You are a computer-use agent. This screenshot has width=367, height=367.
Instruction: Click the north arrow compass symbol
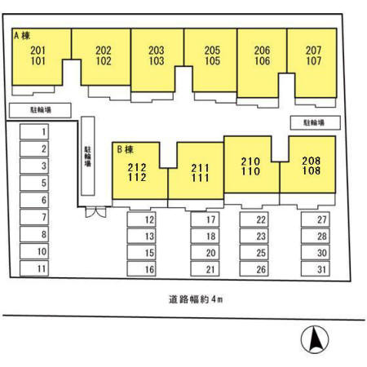315,339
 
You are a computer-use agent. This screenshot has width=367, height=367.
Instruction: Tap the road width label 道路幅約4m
196,299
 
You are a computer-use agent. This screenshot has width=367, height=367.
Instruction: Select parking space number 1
34,132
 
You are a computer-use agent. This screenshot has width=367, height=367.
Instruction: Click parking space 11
34,268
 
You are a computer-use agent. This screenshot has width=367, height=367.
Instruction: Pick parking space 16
141,269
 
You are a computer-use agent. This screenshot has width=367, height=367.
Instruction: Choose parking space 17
205,219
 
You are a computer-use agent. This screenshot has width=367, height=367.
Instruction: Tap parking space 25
254,253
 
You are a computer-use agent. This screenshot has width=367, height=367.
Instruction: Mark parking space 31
316,269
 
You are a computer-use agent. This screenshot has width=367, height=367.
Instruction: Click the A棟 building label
22,36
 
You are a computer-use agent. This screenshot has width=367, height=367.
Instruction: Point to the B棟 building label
125,149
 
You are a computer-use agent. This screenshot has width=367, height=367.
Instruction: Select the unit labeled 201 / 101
38,55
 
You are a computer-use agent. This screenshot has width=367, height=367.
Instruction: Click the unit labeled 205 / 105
212,55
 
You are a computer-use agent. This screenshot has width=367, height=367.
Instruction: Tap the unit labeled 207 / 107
313,55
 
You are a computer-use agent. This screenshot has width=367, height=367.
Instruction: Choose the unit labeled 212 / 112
137,172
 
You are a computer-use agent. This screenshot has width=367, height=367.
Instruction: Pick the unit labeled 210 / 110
250,166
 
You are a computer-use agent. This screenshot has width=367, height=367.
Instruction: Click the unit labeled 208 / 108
311,166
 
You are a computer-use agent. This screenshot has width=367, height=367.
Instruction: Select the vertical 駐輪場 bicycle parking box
88,156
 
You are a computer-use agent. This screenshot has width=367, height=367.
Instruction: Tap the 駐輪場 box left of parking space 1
40,110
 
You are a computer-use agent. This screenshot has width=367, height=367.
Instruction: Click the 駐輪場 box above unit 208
316,122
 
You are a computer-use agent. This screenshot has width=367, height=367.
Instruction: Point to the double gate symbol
95,212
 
